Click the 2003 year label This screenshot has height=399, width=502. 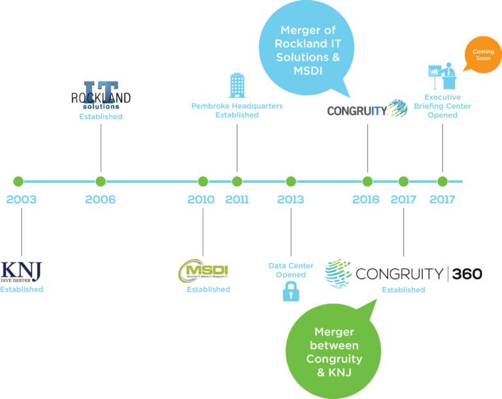coord(21,199)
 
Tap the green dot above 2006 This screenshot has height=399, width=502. coord(100,182)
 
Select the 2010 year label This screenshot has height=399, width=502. coord(201,199)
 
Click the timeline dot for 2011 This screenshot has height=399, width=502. coord(237,182)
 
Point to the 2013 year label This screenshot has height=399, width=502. coord(290,199)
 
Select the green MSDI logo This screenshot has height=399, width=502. coord(203,270)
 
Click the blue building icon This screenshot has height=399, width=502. coord(237,86)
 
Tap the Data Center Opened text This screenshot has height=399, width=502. coord(290,270)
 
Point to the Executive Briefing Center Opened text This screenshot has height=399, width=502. coord(443,106)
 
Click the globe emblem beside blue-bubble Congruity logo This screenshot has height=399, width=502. coord(396,108)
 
